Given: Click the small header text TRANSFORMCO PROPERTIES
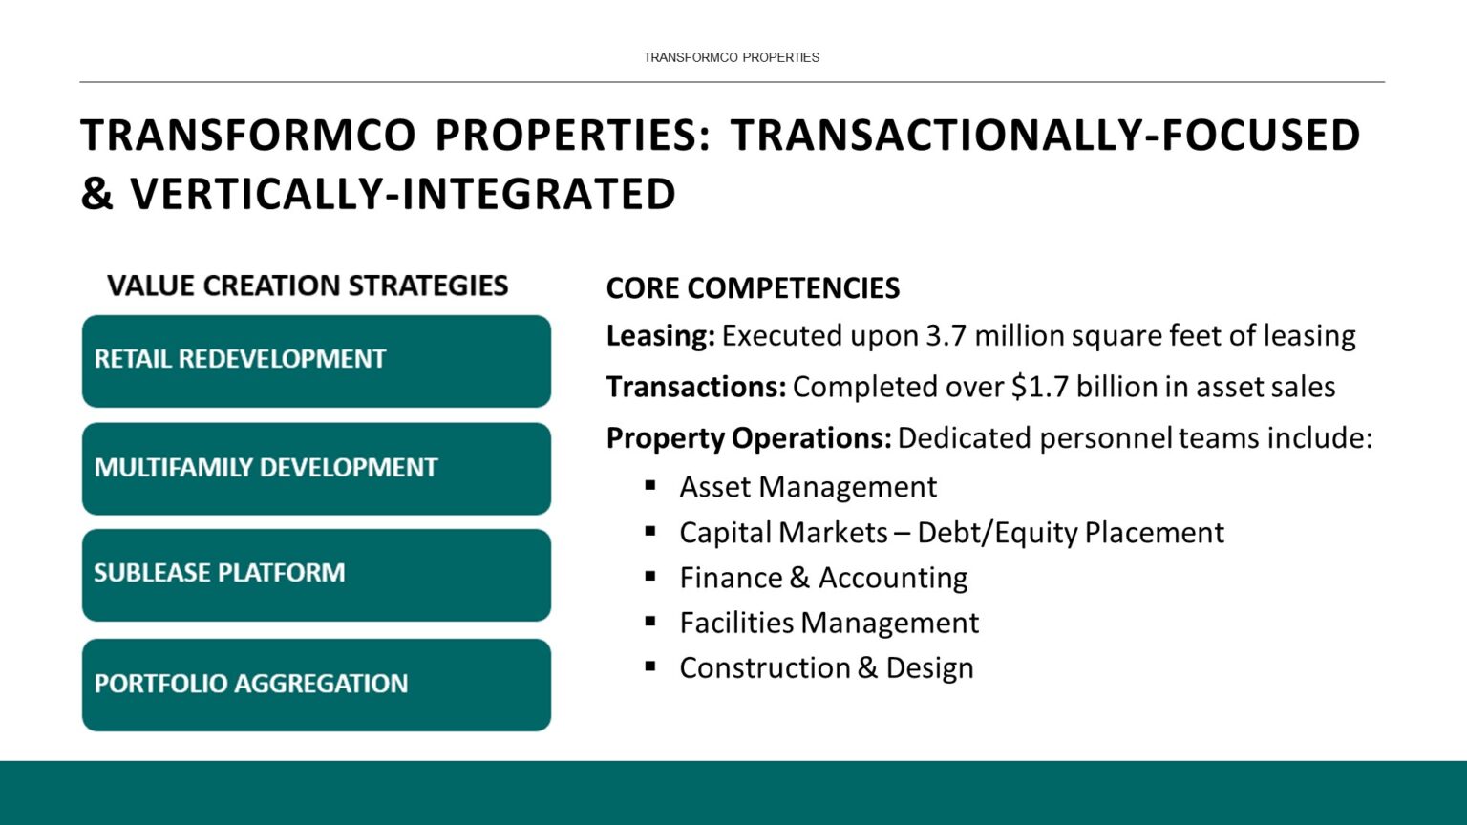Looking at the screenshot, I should point(732,57).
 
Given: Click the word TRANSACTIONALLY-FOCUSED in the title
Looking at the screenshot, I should point(1045,136).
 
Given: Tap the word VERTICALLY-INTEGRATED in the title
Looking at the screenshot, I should point(403,194).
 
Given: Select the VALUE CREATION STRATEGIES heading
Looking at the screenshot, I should point(308,286).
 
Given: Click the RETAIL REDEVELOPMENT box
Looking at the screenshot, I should point(316,361).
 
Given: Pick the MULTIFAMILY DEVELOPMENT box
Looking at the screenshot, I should point(316,469).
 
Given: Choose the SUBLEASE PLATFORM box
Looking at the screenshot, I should point(316,575).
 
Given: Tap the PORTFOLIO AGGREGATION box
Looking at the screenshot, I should point(316,685).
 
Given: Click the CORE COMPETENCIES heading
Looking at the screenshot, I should point(753,288).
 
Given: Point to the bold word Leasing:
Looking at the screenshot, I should point(660,336).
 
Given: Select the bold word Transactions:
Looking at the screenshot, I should point(695,387).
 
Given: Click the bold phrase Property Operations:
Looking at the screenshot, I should point(748,438).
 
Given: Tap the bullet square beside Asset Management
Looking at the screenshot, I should point(650,485).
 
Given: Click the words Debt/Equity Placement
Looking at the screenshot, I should point(1070,533).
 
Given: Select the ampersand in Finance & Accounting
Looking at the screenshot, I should point(799,578).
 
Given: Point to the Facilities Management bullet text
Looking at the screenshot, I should point(828,624).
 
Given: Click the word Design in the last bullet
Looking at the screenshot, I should point(929,668).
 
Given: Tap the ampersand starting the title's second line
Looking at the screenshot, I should point(96,194).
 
